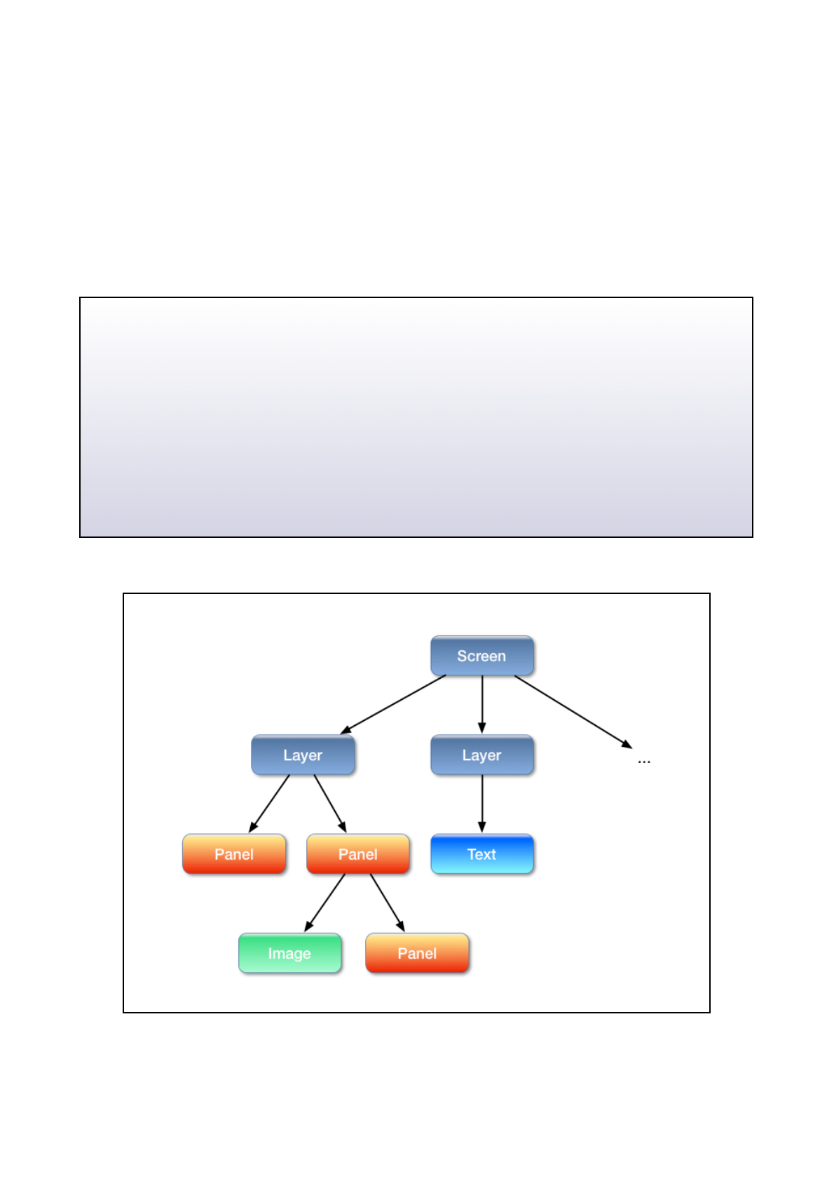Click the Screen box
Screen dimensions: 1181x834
481,656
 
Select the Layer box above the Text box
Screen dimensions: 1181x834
481,755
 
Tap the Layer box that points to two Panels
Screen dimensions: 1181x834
303,755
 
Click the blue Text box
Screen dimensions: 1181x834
481,854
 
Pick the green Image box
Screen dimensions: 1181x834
289,953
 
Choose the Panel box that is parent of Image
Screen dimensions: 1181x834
357,854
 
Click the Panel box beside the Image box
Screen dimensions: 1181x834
417,953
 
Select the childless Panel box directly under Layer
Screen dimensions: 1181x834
233,854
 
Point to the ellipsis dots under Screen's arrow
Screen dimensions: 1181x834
644,761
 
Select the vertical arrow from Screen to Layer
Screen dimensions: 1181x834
481,703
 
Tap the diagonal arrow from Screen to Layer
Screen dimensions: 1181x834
394,704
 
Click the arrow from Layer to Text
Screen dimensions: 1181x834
481,803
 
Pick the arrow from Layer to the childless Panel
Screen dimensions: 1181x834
270,803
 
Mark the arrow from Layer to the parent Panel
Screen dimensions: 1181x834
329,803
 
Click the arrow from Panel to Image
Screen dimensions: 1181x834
325,902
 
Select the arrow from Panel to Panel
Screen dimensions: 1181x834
387,902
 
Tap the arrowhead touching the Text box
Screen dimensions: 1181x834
481,828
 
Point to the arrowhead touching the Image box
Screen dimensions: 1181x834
308,926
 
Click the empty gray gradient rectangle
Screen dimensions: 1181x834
416,417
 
